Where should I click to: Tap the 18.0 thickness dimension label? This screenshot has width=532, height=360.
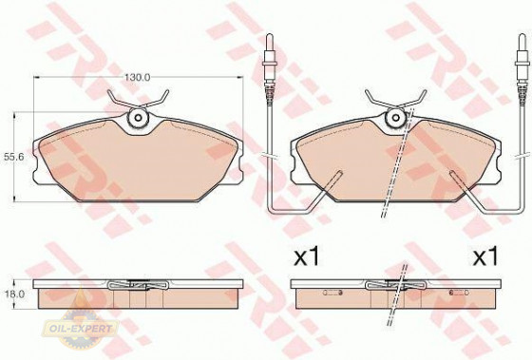[x=12, y=294]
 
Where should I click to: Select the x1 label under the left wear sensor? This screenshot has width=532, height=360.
[x=307, y=256]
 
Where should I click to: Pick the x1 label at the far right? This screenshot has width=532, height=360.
[x=485, y=256]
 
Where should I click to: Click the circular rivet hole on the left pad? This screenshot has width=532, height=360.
[x=138, y=118]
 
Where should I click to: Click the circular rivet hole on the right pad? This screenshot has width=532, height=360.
[x=395, y=118]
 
